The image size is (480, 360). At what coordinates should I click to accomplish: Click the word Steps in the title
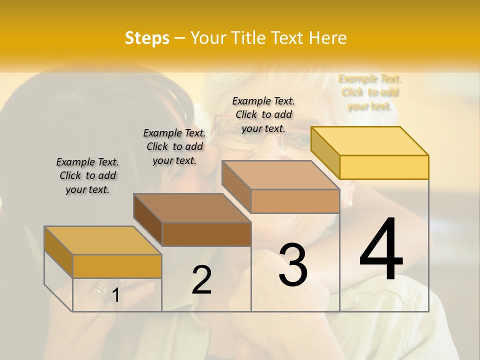tap(147, 38)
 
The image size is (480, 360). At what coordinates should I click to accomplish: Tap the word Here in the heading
tap(327, 38)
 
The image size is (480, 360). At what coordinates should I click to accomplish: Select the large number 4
tap(381, 250)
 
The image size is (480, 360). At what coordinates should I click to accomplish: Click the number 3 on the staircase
tap(293, 265)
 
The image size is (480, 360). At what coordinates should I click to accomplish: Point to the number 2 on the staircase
tap(201, 279)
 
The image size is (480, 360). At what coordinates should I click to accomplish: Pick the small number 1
tap(115, 295)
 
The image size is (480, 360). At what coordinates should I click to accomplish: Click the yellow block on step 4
tap(383, 166)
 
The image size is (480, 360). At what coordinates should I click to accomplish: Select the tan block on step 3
tap(295, 201)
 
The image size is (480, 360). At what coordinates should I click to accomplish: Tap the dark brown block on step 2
tap(206, 233)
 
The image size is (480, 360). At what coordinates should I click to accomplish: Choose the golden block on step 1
tap(117, 266)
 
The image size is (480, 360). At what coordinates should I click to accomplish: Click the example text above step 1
tap(87, 175)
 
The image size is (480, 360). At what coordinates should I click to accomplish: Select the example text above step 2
tap(174, 146)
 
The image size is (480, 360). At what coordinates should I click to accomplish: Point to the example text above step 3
tap(263, 114)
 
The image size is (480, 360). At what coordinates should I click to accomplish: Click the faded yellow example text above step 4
tap(370, 92)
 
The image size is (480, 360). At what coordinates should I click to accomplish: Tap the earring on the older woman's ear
tap(350, 203)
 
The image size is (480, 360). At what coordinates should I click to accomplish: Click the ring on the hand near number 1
tap(100, 289)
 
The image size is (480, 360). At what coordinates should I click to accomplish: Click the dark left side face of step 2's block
tap(148, 219)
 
